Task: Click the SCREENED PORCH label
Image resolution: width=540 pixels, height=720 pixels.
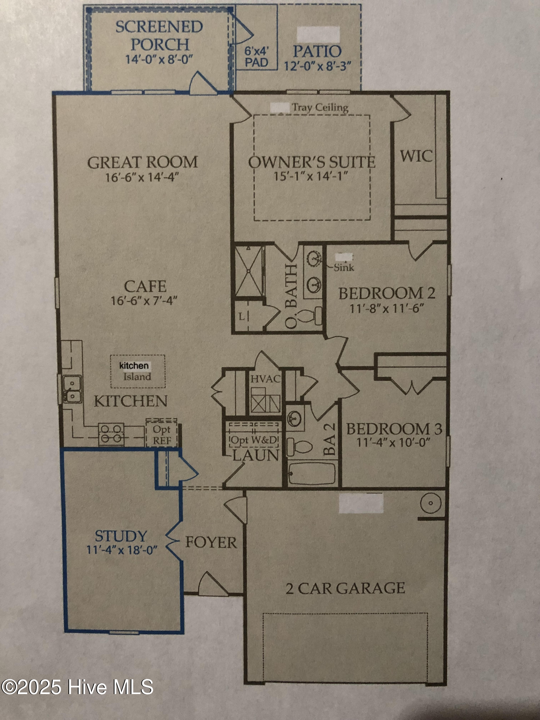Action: pos(159,36)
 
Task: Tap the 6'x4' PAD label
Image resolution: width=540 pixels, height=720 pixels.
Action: pos(256,57)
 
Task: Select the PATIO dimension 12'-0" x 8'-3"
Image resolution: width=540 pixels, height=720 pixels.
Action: pos(318,66)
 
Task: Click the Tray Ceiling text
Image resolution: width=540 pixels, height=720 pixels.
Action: pos(320,107)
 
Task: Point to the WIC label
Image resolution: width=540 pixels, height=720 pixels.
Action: pos(416,156)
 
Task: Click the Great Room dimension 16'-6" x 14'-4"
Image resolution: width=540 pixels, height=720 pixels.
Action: pos(142,177)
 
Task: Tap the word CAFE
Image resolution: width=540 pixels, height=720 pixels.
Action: pos(145,287)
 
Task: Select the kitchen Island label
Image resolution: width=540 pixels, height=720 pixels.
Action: pos(137,377)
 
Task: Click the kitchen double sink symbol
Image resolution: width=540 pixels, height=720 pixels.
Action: pos(72,389)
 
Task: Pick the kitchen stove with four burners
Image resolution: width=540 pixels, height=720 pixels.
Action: pos(111,434)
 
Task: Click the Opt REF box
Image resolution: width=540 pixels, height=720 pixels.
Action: pos(162,435)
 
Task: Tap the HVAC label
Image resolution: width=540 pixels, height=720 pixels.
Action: pos(265,379)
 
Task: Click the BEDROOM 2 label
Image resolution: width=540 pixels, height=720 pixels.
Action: pos(387,293)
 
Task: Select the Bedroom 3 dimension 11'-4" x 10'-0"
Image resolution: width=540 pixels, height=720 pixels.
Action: pos(393,442)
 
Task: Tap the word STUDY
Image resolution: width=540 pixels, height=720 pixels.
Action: pos(121,536)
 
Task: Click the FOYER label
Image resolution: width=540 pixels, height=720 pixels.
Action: pos(211,542)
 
